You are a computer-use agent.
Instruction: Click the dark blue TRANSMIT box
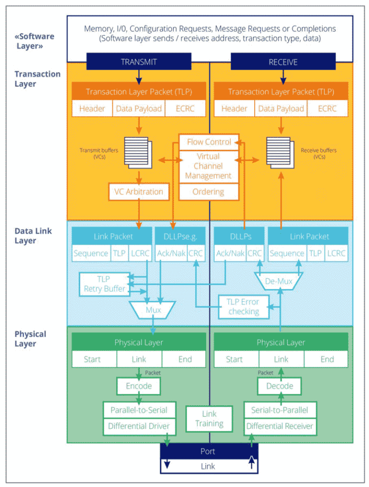point(139,61)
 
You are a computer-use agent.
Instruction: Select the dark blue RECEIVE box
point(283,61)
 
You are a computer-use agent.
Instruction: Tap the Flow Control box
point(209,142)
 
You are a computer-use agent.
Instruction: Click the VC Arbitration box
point(139,192)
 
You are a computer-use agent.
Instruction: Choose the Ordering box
point(209,192)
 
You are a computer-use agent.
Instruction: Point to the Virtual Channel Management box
point(209,166)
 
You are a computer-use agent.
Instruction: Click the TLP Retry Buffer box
point(104,284)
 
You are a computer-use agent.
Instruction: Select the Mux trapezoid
point(153,310)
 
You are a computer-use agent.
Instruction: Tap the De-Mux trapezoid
point(279,281)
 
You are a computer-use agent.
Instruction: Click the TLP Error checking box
point(244,306)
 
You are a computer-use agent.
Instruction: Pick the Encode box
point(139,386)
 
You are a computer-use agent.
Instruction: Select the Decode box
point(280,386)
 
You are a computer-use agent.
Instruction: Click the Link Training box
point(209,418)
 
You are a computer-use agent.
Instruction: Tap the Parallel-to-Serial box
point(139,410)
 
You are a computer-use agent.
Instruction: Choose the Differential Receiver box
point(280,426)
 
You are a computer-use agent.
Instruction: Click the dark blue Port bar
point(209,451)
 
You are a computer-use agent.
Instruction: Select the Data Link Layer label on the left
point(33,235)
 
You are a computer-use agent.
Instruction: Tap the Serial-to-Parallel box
point(280,410)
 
